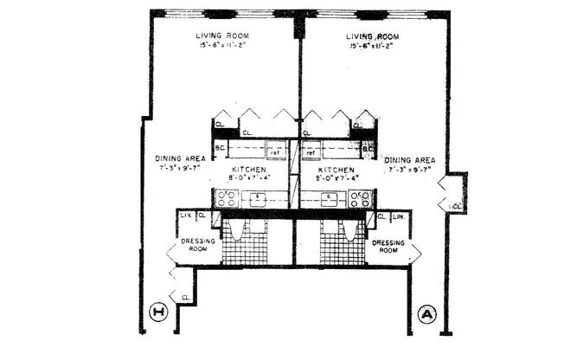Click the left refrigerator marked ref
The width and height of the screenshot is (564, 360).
[x=276, y=152]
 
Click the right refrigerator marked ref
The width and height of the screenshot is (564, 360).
[x=310, y=152]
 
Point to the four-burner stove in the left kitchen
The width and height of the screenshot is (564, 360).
[x=228, y=198]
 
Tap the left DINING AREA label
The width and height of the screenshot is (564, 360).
[x=180, y=158]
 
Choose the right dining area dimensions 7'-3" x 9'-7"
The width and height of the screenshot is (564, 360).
[x=411, y=170]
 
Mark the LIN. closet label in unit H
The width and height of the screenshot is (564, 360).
[x=184, y=215]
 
